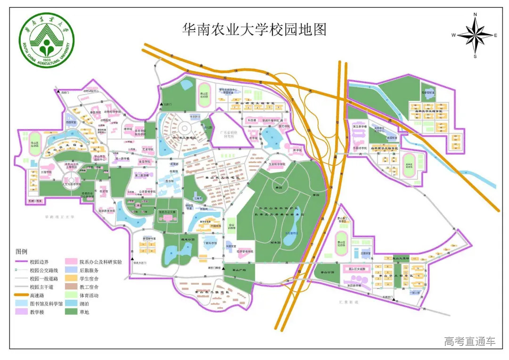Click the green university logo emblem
(47, 41)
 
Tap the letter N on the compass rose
(475, 15)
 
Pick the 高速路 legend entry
(38, 295)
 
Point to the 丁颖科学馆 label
(210, 243)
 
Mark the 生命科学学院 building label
(278, 164)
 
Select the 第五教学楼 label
(360, 126)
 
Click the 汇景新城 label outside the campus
(348, 302)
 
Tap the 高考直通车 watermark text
(469, 341)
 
